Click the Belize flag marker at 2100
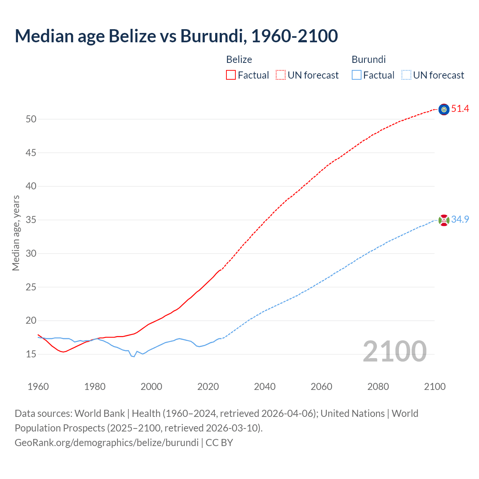coord(444,109)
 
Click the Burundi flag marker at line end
coord(444,220)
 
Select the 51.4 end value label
coord(460,109)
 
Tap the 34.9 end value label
coord(460,220)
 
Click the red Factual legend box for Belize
coord(231,75)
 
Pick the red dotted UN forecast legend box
coord(281,75)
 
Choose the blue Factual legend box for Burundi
coord(356,75)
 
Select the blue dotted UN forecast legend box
coord(406,75)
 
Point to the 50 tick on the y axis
coord(31,119)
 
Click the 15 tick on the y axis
coord(31,354)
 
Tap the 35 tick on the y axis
coord(31,220)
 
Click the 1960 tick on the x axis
coord(38,387)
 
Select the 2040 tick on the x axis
coord(265,387)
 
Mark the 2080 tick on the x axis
coord(378,387)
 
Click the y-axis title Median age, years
coord(16,233)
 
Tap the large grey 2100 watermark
coord(394,351)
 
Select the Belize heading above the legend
coord(239,60)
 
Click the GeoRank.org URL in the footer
coord(107,443)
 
